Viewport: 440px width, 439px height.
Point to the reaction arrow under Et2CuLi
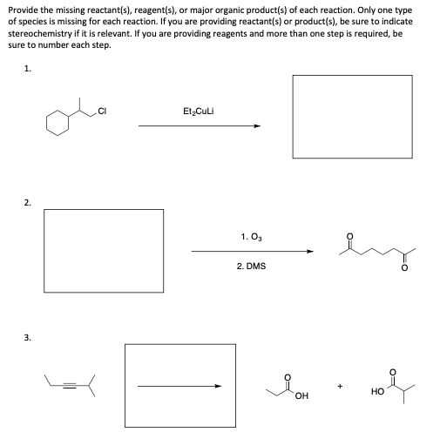pyautogui.click(x=199, y=126)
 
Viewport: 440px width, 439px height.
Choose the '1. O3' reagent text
pyautogui.click(x=250, y=235)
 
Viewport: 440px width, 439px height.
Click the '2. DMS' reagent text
pyautogui.click(x=251, y=266)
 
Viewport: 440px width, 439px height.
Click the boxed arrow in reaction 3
pyautogui.click(x=181, y=386)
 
